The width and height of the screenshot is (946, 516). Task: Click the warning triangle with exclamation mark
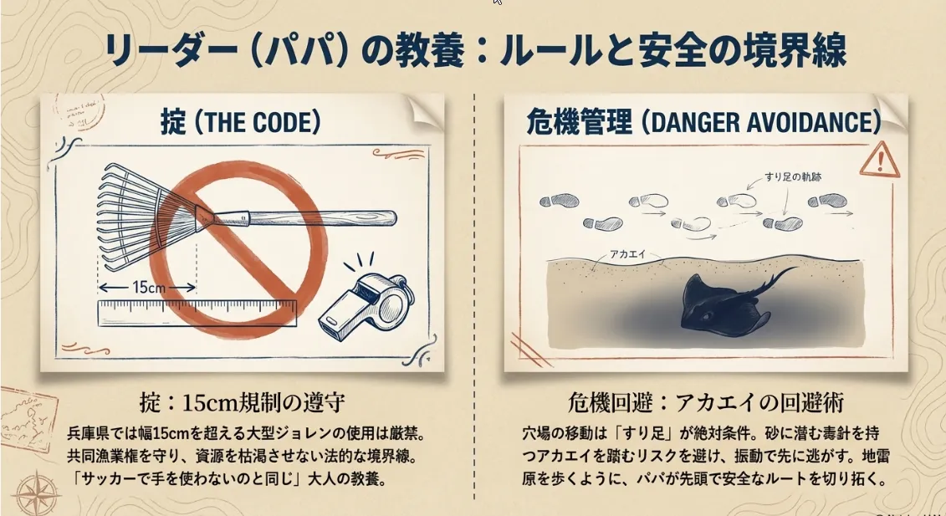click(x=880, y=160)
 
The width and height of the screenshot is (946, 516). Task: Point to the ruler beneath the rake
click(x=197, y=313)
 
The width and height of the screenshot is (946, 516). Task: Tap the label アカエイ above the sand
click(x=627, y=254)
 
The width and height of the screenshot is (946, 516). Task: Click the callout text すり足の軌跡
click(x=793, y=176)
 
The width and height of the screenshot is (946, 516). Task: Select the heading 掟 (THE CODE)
click(x=239, y=122)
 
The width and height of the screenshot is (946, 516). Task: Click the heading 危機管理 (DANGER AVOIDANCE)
click(x=703, y=122)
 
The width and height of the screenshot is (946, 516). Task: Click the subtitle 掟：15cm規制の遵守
click(x=243, y=402)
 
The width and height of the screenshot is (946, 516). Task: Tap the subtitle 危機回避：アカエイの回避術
click(x=705, y=402)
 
